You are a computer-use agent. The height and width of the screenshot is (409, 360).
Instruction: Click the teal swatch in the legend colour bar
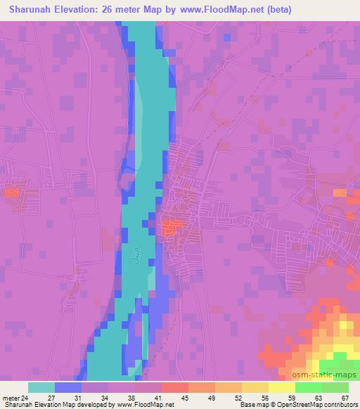[41, 387]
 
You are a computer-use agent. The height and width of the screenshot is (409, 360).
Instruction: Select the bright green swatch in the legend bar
[309, 387]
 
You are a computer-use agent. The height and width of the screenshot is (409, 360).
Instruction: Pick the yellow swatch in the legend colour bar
[282, 387]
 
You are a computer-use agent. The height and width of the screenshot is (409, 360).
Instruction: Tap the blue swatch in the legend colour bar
[68, 387]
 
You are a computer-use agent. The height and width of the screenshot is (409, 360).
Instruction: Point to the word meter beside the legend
[10, 398]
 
